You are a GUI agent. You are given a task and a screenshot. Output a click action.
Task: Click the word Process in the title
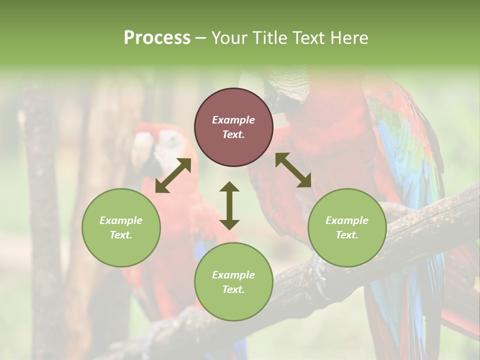[x=157, y=38]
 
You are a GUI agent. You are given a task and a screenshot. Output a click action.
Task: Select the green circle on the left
[x=121, y=227]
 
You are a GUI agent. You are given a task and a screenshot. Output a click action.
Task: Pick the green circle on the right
[x=347, y=227]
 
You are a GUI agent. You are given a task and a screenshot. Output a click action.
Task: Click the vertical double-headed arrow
[x=229, y=205]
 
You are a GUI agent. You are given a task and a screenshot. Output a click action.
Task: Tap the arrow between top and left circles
[x=173, y=175]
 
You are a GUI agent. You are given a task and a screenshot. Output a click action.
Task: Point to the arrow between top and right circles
[x=293, y=170]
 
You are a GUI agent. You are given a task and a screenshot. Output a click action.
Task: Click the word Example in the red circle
[x=233, y=120]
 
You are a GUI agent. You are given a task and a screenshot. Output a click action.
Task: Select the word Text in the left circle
[x=121, y=235]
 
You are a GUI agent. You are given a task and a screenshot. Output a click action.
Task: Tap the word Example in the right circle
[x=347, y=220]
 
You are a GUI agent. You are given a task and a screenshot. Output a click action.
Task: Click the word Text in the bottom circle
[x=233, y=289]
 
